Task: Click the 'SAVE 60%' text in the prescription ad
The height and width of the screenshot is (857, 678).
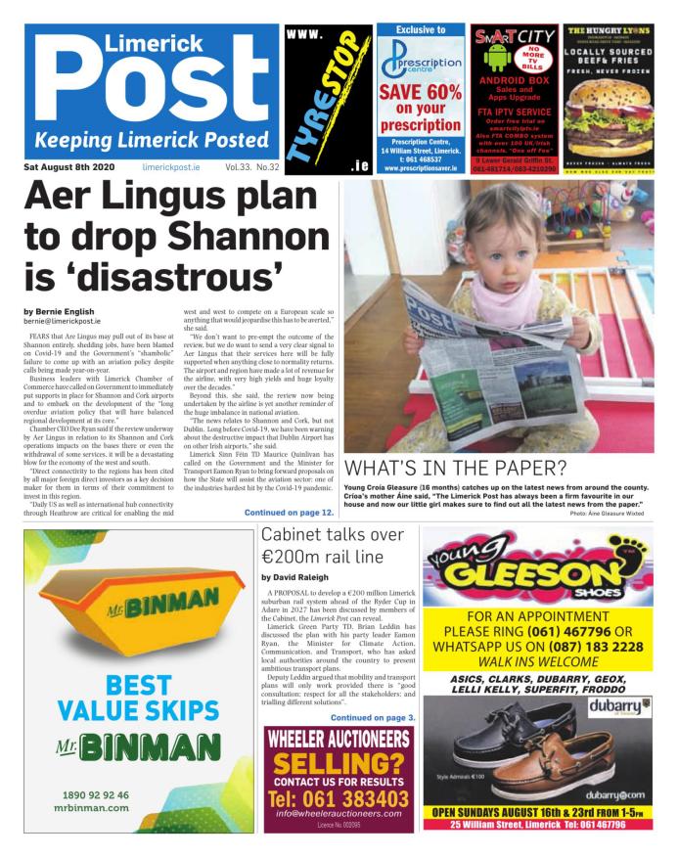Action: pos(421,92)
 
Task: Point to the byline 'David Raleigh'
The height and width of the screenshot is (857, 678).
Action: pos(295,578)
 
